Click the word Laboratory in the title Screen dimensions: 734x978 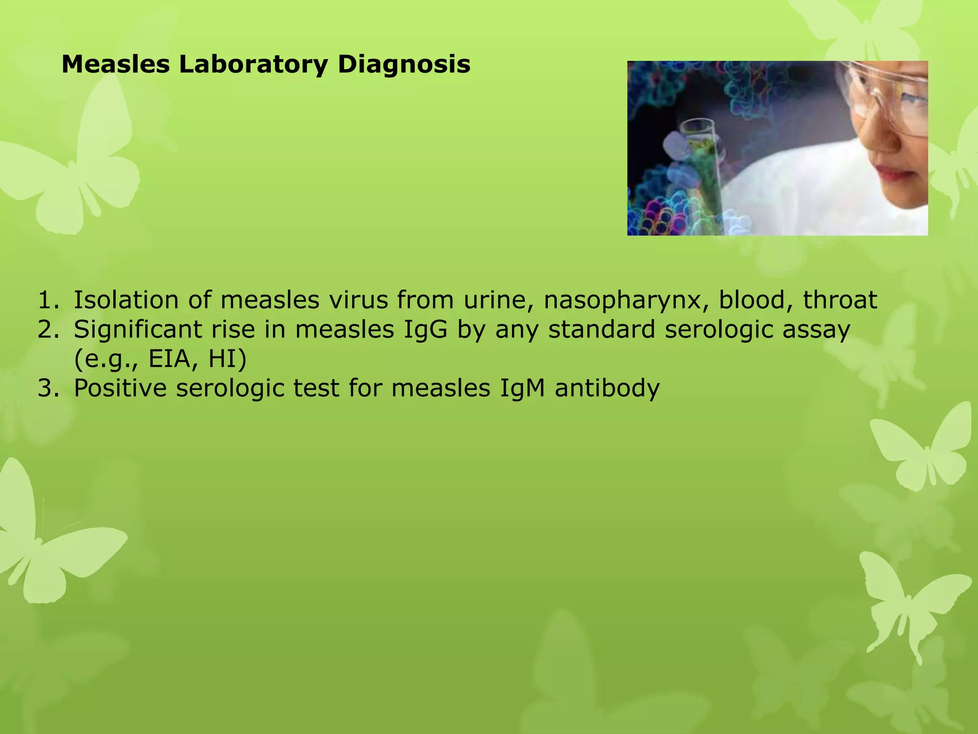(253, 65)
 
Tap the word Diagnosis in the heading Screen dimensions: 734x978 (404, 65)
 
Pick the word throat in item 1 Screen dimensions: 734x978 (840, 300)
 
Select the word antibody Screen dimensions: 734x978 (607, 388)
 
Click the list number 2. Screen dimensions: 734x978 (48, 330)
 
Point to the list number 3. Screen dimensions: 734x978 (48, 388)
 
